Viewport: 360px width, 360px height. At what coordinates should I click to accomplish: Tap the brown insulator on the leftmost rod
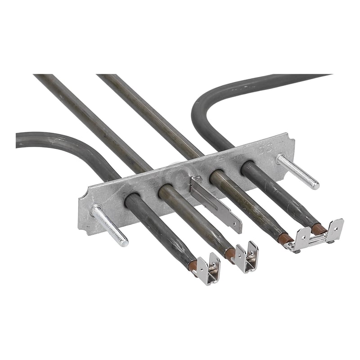click(x=193, y=265)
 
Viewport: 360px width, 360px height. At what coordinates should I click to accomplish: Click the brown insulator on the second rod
click(x=230, y=253)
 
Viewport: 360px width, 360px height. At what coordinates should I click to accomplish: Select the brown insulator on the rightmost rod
click(x=319, y=229)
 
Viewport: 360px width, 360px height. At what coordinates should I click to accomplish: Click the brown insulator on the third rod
click(x=284, y=238)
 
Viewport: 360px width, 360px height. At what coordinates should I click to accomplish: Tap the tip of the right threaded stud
click(x=315, y=184)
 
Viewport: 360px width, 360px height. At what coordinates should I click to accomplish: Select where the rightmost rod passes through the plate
click(x=247, y=167)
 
